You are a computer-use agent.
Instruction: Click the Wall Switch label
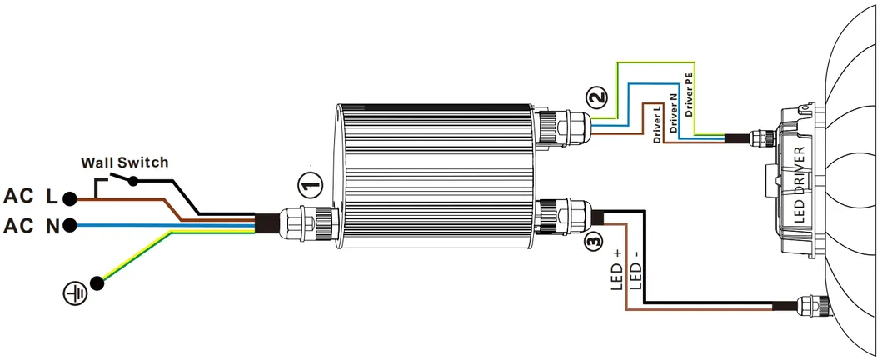[x=123, y=162]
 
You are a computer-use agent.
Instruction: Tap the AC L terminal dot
[x=71, y=198]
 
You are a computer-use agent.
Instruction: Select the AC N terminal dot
[x=71, y=225]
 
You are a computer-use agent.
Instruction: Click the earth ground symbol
[x=76, y=292]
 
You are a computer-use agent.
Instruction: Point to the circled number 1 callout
[x=309, y=182]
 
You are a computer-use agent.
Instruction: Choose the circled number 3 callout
[x=592, y=242]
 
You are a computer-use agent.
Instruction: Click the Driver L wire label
[x=657, y=124]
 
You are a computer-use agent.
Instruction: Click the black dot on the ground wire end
[x=98, y=282]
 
